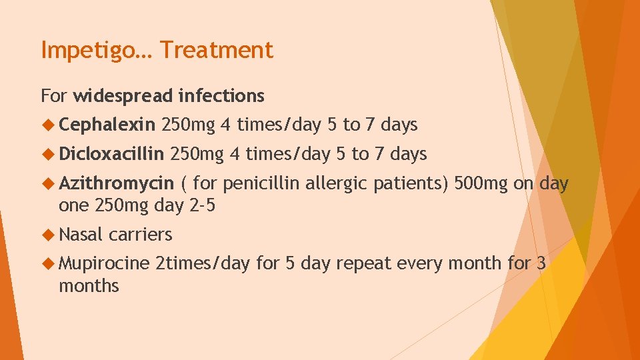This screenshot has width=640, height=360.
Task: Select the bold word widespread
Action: [123, 96]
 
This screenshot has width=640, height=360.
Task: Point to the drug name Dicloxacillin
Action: [111, 154]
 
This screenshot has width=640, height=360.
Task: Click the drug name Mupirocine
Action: [104, 263]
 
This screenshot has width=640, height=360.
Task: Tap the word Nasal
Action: [80, 235]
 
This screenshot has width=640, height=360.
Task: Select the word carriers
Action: [141, 235]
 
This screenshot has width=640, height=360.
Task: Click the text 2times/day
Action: [202, 263]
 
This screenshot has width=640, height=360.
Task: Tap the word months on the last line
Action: [89, 287]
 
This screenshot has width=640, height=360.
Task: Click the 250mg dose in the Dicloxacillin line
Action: [197, 154]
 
